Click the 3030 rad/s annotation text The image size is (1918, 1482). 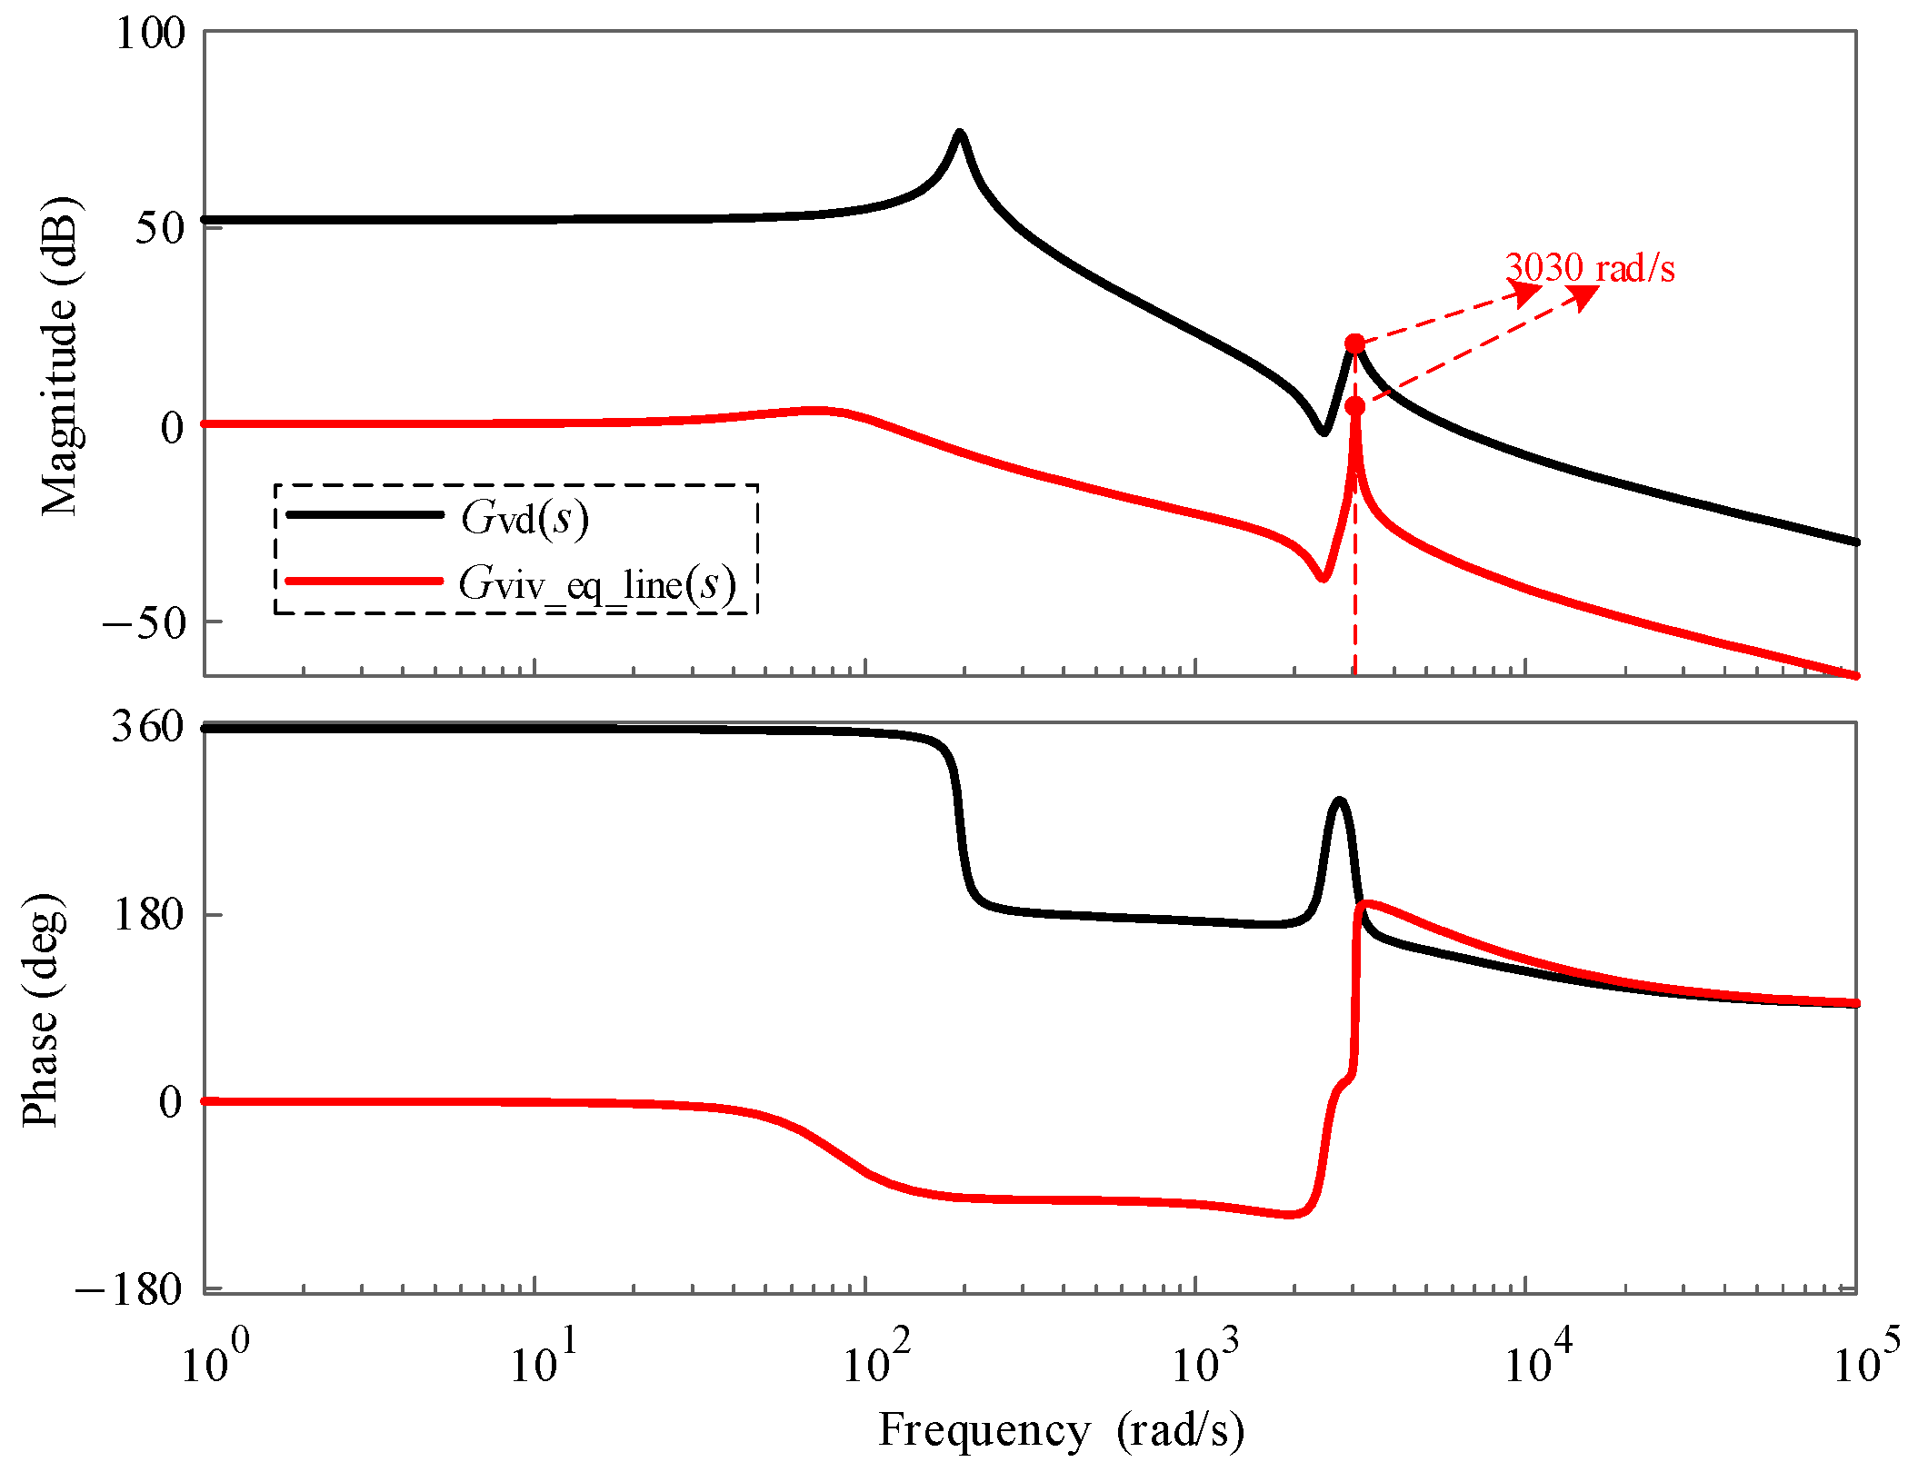[1589, 269]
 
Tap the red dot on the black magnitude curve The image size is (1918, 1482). [1354, 343]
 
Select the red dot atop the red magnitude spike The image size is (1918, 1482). [1354, 406]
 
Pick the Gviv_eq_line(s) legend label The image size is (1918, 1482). [596, 584]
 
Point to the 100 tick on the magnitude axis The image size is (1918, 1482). [150, 34]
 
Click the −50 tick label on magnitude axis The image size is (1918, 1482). [144, 623]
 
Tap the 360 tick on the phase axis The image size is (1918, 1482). [147, 727]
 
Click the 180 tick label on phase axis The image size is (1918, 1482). [147, 914]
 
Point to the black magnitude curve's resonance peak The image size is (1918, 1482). [959, 134]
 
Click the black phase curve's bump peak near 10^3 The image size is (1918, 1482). [1338, 801]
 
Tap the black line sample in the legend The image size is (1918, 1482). [364, 515]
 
